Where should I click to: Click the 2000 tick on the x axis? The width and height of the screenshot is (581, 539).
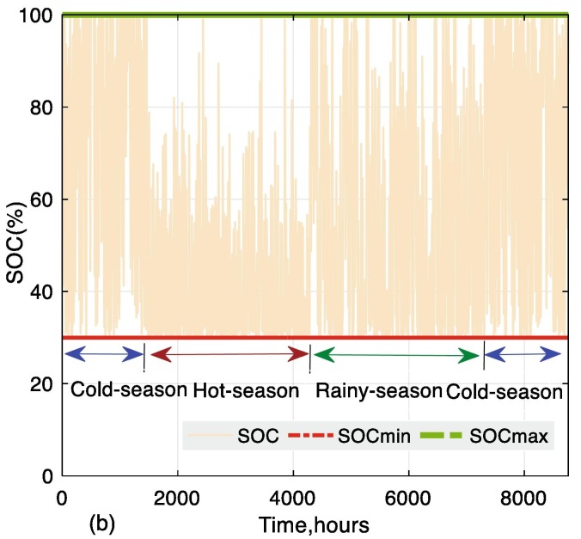177,497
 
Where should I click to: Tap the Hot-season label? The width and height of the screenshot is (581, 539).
245,391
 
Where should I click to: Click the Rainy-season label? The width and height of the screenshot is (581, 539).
378,391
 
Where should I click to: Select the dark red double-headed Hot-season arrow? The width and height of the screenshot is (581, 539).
228,354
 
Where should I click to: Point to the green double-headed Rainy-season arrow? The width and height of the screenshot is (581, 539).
396,354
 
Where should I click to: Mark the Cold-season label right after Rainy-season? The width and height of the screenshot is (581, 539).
504,391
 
